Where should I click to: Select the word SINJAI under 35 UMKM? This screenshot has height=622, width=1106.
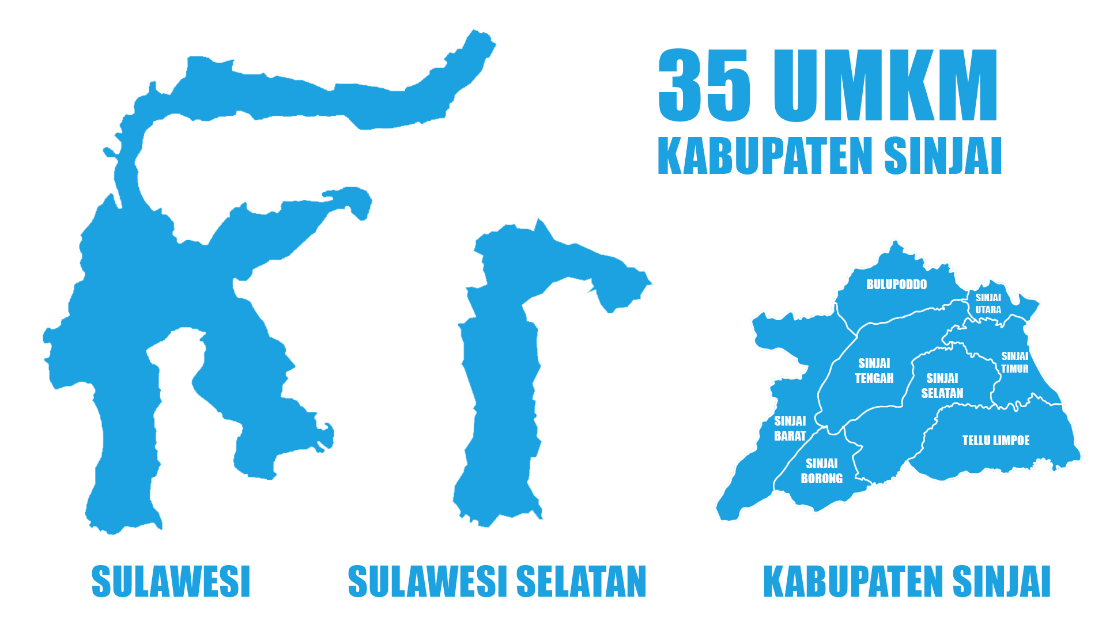[x=943, y=155]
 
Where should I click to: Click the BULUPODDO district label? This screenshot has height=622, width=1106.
[x=896, y=285]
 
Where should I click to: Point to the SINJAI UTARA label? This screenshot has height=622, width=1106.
[x=988, y=304]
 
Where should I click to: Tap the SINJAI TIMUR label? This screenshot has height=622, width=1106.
[x=1014, y=362]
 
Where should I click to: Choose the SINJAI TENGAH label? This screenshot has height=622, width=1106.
[x=874, y=371]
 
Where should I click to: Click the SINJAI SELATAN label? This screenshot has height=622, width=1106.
[x=942, y=386]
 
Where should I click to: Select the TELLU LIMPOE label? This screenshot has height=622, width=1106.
[x=995, y=441]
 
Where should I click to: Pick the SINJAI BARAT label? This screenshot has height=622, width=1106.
[x=790, y=428]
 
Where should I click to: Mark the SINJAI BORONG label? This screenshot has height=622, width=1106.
[x=821, y=471]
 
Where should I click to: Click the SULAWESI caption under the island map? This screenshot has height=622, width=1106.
[x=171, y=582]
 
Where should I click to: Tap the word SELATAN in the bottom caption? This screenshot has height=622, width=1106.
[x=581, y=582]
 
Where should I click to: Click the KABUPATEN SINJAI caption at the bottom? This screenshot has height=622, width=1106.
[x=907, y=582]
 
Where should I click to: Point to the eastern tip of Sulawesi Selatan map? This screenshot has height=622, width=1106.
[x=650, y=283]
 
